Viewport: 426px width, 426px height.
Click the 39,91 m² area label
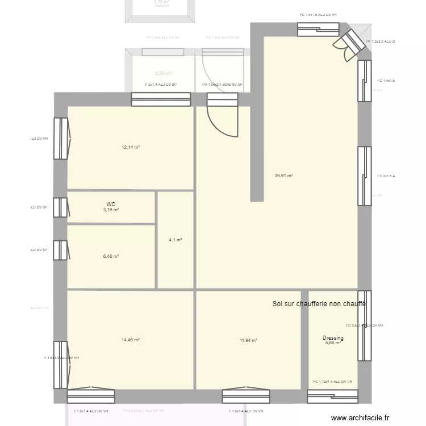point(283,176)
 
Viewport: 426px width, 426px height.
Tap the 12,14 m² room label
point(131,147)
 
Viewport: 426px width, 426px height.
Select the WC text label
point(111,204)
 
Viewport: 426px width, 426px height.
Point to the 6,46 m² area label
point(111,256)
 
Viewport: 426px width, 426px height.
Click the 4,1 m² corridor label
point(175,240)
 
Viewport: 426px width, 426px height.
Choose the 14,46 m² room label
point(131,340)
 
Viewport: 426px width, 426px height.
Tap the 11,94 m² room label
point(248,341)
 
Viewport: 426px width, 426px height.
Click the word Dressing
point(333,338)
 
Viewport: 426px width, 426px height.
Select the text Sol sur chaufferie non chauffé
point(319,304)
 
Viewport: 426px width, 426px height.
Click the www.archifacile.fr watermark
point(361,418)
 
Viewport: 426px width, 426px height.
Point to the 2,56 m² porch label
point(163,73)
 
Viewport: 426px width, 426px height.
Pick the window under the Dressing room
point(332,396)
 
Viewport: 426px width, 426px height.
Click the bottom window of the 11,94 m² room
point(246,396)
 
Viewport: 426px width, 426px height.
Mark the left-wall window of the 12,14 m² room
point(61,139)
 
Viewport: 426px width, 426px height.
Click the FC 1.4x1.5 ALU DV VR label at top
point(318,15)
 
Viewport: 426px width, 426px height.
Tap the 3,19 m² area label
point(111,210)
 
